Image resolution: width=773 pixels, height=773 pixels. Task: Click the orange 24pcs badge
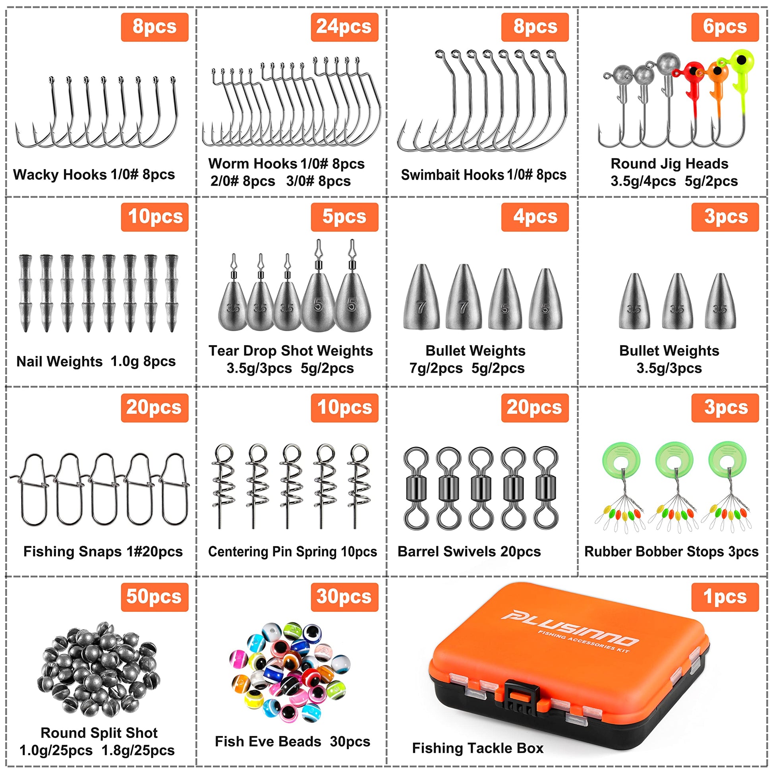click(344, 27)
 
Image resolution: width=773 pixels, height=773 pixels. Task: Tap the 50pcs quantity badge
click(155, 597)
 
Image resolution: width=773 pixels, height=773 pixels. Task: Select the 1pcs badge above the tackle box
click(725, 597)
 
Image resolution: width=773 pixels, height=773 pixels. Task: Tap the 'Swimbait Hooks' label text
click(452, 175)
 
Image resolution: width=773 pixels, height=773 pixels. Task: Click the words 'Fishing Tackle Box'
click(478, 748)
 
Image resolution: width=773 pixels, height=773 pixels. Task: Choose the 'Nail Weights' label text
click(59, 361)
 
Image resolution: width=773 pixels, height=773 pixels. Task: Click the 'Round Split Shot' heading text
click(99, 732)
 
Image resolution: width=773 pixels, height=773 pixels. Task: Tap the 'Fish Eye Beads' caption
click(268, 741)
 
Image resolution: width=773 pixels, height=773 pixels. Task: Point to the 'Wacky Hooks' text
click(60, 174)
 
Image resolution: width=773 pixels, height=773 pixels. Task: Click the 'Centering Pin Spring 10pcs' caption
click(292, 552)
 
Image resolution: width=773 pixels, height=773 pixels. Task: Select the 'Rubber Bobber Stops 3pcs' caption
click(671, 552)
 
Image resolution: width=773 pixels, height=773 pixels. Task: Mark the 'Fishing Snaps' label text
click(72, 551)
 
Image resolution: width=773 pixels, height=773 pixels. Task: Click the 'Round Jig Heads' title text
click(669, 164)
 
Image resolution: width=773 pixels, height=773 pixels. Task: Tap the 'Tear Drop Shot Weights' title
click(290, 351)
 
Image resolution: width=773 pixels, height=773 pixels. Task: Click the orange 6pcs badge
click(725, 27)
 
